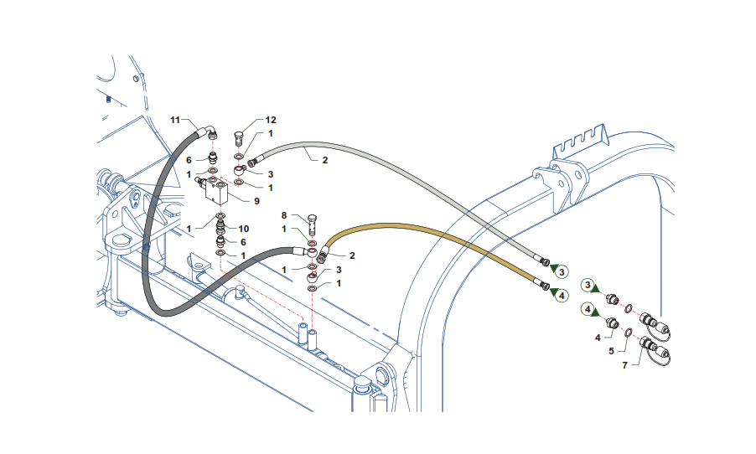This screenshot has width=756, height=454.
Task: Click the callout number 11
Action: point(176,121)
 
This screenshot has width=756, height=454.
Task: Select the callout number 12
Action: point(271,121)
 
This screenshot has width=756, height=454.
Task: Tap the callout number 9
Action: point(256,201)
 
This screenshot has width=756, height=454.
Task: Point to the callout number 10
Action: point(245,228)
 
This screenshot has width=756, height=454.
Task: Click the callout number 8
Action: point(284,215)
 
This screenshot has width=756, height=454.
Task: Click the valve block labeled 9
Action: point(220,194)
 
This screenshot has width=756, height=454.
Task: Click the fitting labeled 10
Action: point(220,226)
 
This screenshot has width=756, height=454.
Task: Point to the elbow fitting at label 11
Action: point(210,132)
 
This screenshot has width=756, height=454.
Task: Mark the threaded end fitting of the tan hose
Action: point(544,287)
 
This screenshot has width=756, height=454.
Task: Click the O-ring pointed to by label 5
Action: point(628,331)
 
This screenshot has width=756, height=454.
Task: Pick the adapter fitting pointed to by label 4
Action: point(614,323)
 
